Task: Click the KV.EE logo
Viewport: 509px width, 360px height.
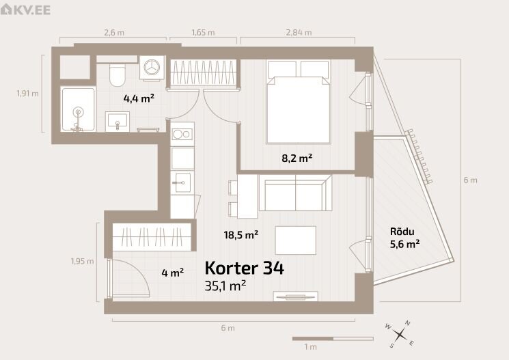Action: [x=25, y=9]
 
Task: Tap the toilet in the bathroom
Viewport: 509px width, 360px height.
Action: [x=117, y=74]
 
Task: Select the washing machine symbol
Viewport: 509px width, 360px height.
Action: [x=152, y=68]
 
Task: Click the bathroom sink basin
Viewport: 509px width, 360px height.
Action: [x=118, y=122]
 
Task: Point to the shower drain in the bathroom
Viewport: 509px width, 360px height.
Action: [x=78, y=112]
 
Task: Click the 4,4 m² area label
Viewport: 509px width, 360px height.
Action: [x=139, y=98]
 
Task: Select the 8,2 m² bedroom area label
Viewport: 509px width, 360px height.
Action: [x=297, y=158]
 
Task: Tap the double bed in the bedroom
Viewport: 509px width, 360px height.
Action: [x=298, y=102]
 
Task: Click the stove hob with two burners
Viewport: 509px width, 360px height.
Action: [x=182, y=134]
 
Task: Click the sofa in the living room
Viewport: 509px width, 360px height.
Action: [x=295, y=193]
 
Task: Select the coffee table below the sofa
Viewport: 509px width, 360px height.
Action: [x=295, y=240]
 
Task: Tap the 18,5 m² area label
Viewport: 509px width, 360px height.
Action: [x=241, y=234]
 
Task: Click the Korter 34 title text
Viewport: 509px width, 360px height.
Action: [x=245, y=268]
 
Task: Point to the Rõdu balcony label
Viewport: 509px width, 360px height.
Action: [x=402, y=232]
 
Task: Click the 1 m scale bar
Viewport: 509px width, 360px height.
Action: [x=333, y=339]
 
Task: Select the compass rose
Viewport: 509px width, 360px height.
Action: [x=400, y=334]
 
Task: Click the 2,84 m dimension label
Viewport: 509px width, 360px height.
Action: [x=299, y=33]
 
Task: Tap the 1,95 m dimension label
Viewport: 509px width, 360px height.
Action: [x=82, y=261]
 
